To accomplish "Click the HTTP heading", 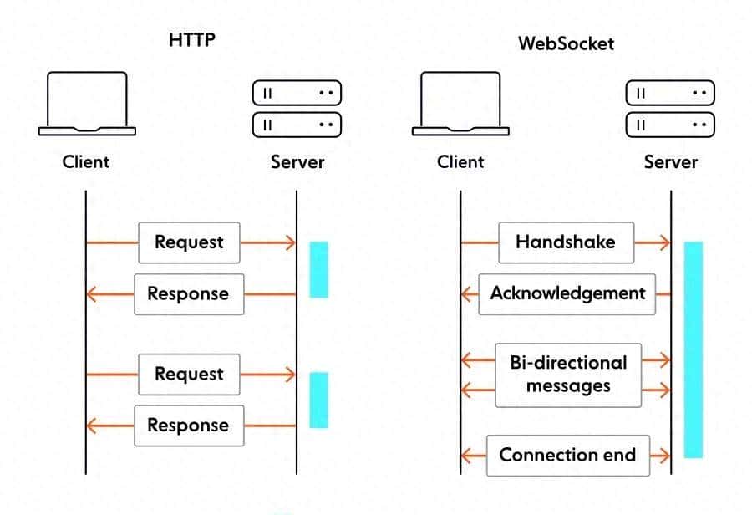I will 192,39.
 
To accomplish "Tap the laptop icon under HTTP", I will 87,104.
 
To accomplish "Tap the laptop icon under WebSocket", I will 460,104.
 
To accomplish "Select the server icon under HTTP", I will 297,109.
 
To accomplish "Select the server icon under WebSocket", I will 670,109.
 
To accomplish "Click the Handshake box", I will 566,242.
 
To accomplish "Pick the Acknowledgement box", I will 567,293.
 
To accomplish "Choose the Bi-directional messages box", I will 568,375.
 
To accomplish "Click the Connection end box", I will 567,456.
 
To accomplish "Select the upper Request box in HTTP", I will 189,242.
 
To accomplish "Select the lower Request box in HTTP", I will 189,374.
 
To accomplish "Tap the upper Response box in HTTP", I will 189,293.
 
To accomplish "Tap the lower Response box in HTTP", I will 189,425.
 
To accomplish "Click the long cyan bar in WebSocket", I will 693,349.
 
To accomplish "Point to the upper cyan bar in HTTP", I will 318,269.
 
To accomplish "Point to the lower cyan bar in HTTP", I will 318,400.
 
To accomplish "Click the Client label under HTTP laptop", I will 86,161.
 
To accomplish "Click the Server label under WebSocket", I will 670,161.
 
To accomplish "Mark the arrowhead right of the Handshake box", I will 664,242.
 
